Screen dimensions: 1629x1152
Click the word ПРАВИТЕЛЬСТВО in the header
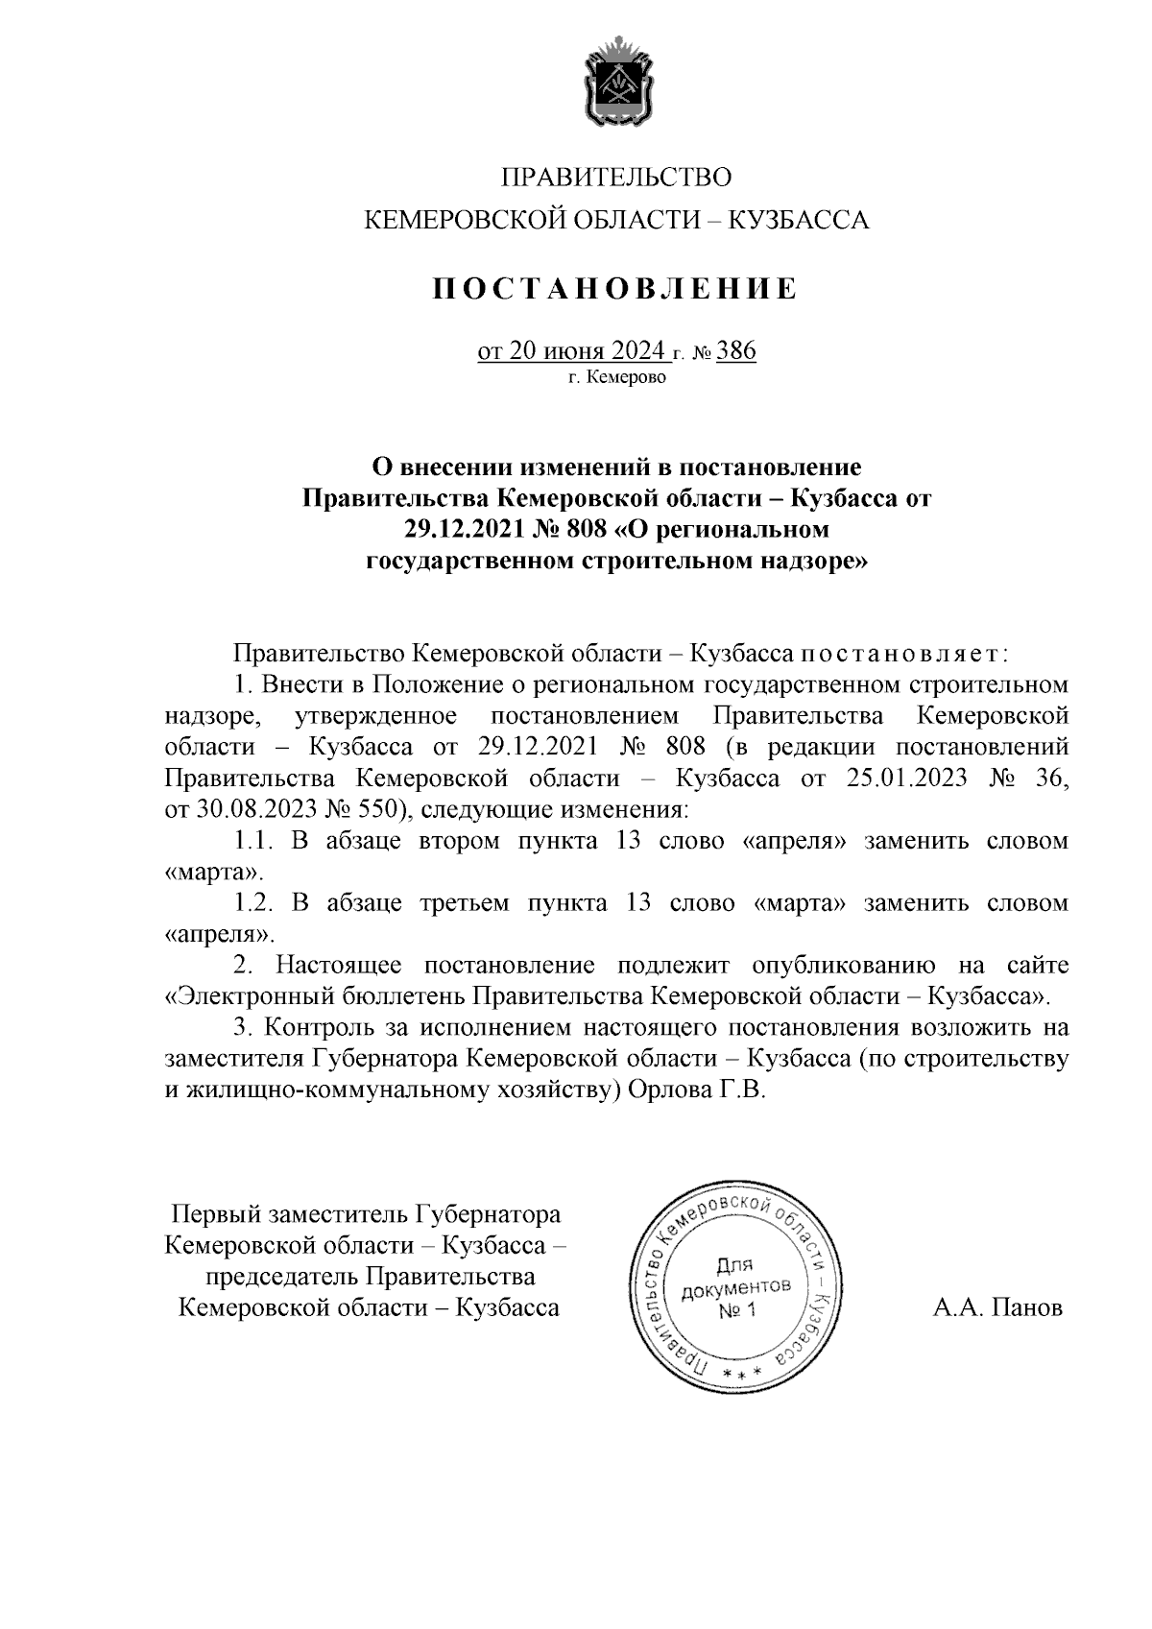[x=616, y=178]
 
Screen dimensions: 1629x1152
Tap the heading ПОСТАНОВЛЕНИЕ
[x=615, y=288]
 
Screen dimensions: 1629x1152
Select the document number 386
[x=736, y=351]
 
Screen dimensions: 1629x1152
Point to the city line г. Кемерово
[x=616, y=378]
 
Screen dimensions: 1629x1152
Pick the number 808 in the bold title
[x=586, y=529]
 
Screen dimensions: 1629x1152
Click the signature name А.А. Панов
[x=997, y=1307]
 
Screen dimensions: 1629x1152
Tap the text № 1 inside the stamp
[x=737, y=1310]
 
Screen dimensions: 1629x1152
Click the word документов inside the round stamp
[x=736, y=1288]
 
